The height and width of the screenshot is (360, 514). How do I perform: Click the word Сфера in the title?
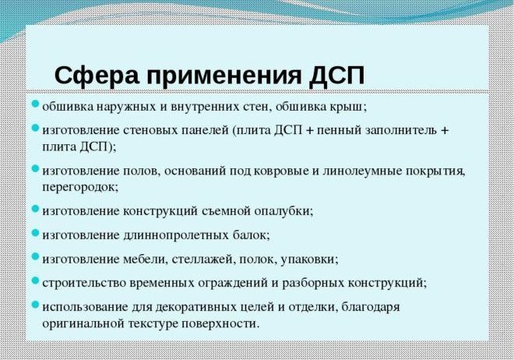pyautogui.click(x=97, y=76)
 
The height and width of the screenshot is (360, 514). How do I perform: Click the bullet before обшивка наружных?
pyautogui.click(x=35, y=104)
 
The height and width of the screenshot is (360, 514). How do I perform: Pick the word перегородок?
pyautogui.click(x=79, y=188)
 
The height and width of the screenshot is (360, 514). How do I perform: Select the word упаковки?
pyautogui.click(x=308, y=260)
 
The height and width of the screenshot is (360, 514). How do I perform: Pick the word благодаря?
pyautogui.click(x=371, y=308)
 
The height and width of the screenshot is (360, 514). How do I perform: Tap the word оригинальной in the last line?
pyautogui.click(x=83, y=324)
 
